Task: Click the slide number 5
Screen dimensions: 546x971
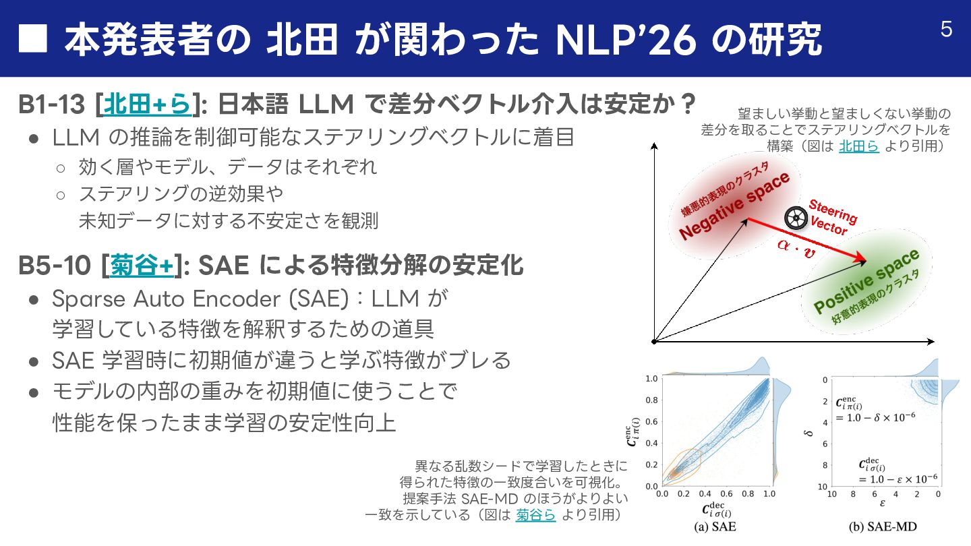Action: click(946, 30)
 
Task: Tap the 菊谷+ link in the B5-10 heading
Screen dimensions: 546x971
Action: click(141, 266)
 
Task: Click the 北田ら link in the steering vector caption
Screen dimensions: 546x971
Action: click(858, 146)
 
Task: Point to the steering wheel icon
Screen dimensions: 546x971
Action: click(796, 217)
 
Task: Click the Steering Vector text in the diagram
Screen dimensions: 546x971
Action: click(832, 217)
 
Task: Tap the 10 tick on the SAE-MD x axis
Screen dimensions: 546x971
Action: click(831, 494)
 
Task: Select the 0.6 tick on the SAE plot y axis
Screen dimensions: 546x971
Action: click(651, 423)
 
